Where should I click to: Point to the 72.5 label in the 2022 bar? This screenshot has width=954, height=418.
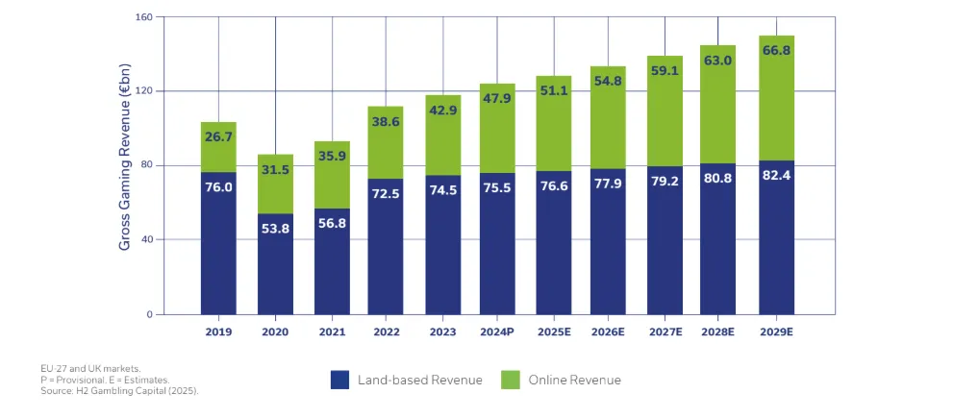point(387,193)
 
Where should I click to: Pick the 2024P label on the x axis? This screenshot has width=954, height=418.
point(498,332)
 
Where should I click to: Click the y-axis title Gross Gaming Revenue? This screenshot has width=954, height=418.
point(125,166)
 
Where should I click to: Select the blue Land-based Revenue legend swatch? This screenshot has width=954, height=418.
point(339,380)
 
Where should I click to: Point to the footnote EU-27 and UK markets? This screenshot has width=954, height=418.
point(92,367)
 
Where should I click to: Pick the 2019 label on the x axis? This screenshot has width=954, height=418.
point(218,332)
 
